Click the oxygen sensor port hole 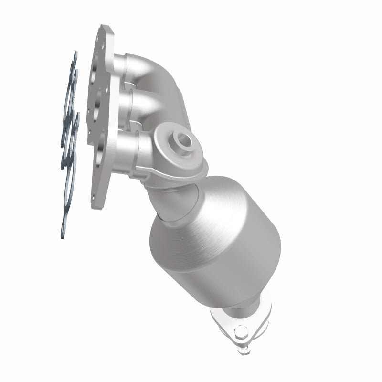[x=183, y=140]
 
